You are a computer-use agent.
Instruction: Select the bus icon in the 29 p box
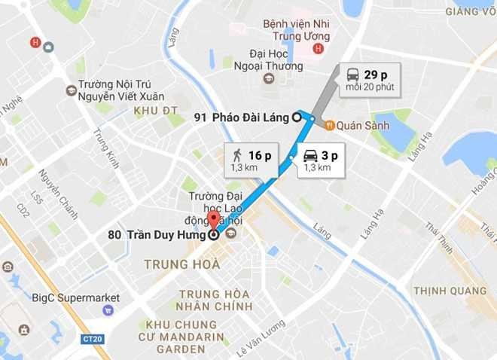pos(352,75)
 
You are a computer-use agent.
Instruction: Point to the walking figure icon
pos(237,156)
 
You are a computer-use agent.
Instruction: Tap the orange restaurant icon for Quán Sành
pos(329,125)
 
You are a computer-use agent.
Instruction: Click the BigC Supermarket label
pos(76,298)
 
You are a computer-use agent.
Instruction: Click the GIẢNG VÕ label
pos(471,11)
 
